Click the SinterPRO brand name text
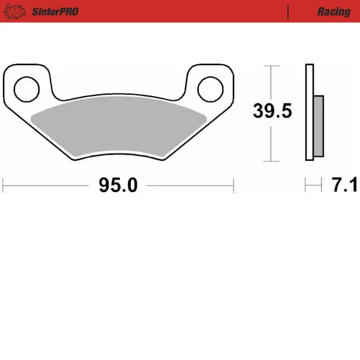[x=53, y=11]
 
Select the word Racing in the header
[x=334, y=11]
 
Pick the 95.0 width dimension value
[x=118, y=185]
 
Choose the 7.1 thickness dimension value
[x=344, y=185]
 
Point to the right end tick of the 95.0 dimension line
[x=233, y=185]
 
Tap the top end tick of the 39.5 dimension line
[x=272, y=65]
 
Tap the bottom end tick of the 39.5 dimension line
[x=272, y=161]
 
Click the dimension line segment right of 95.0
[x=189, y=185]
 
